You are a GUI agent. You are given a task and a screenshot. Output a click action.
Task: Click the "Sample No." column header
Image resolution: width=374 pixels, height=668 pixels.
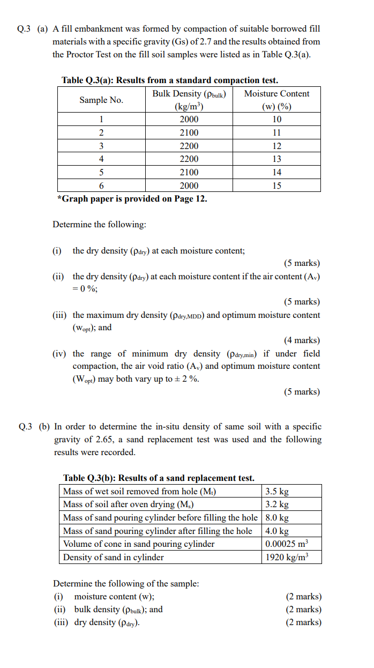[101, 100]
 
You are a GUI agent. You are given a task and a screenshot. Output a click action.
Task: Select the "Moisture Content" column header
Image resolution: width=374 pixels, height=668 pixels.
[276, 94]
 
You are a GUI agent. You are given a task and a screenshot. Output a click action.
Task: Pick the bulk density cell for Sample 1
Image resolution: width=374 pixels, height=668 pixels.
[189, 120]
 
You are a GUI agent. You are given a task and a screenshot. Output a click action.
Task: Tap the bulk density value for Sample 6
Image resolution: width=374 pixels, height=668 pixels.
[189, 185]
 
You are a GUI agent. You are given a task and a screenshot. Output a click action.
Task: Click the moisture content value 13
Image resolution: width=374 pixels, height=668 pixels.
[276, 159]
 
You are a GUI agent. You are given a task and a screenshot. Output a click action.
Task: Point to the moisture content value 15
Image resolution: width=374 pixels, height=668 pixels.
[276, 185]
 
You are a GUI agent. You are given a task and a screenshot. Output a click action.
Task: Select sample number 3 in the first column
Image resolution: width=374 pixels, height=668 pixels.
[101, 146]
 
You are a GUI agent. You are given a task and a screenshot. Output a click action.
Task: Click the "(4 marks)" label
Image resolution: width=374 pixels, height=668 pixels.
[302, 340]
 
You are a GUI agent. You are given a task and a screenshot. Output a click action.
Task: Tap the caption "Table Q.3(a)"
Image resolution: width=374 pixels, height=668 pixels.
[88, 80]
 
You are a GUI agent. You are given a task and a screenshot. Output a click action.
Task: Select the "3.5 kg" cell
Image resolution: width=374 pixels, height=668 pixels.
[277, 492]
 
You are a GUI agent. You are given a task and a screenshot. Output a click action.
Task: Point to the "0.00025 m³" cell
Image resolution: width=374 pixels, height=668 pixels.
[287, 544]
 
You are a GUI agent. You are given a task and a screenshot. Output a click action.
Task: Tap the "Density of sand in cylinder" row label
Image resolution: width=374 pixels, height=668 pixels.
[114, 557]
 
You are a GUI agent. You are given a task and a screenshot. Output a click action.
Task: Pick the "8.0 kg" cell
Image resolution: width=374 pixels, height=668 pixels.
[277, 518]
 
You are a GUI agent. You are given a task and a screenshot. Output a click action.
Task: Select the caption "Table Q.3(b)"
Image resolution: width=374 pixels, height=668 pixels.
[89, 478]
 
